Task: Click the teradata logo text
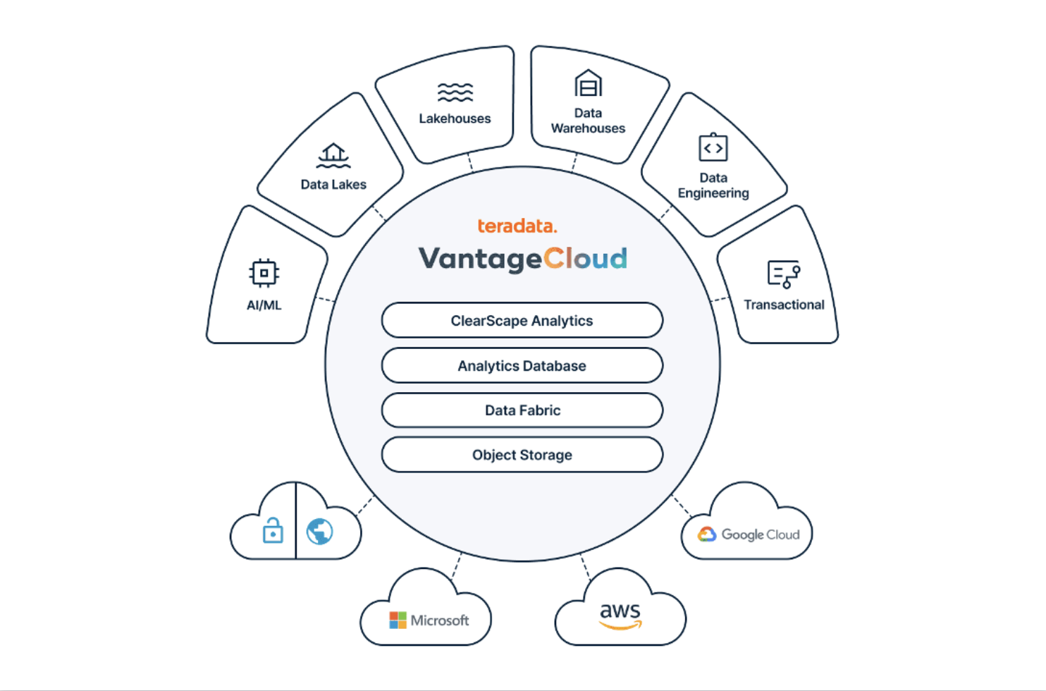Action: click(517, 226)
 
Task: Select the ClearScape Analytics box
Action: click(522, 321)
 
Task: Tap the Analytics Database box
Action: click(522, 366)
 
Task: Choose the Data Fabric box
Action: click(522, 410)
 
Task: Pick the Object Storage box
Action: click(522, 455)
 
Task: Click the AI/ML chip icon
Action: click(264, 273)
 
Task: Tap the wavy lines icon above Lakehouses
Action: click(455, 92)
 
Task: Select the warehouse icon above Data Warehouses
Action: click(588, 83)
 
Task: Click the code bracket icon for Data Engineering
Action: click(713, 147)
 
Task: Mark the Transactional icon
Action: click(784, 274)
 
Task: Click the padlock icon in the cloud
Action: click(273, 530)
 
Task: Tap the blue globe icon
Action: click(320, 531)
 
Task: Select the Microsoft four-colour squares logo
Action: click(398, 620)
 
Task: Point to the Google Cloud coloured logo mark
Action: click(707, 534)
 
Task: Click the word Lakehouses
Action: click(455, 118)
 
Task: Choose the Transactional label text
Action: click(784, 305)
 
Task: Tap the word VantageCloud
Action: click(522, 259)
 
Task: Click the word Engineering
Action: click(713, 193)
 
